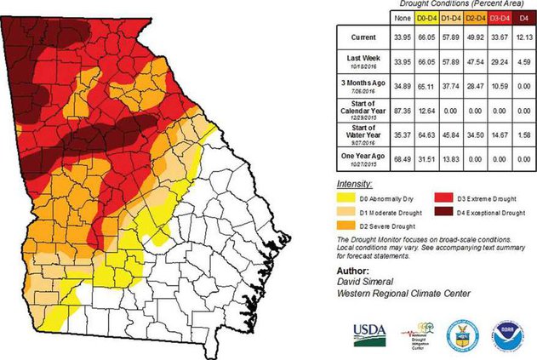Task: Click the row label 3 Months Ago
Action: coord(357,85)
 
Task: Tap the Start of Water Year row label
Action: coord(357,133)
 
